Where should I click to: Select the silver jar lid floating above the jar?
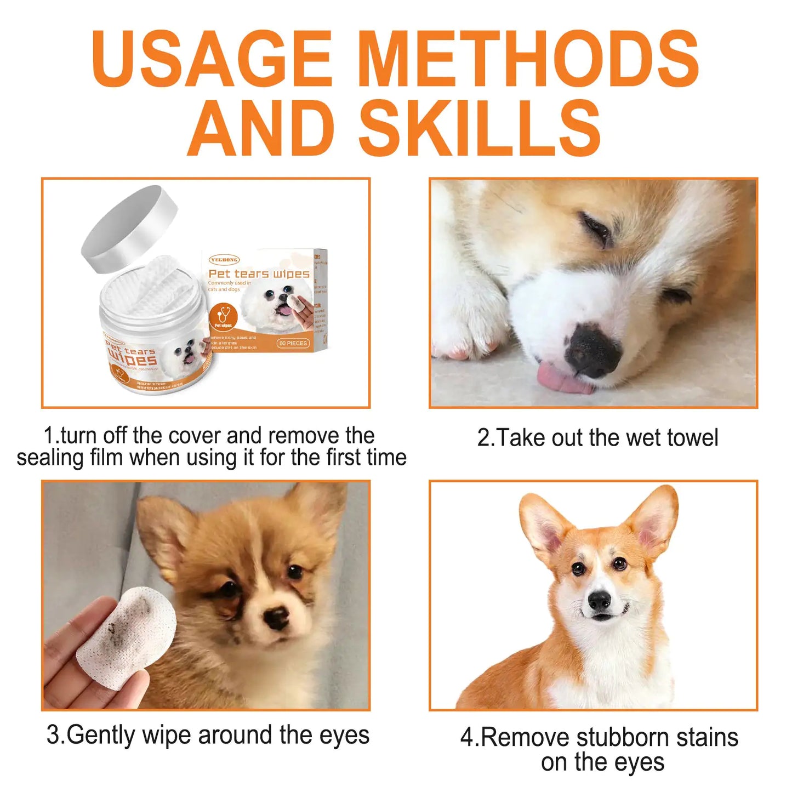[x=130, y=228]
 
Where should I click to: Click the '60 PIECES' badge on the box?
[x=293, y=343]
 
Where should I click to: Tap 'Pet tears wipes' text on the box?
[x=259, y=274]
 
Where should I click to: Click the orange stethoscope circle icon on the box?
[x=224, y=317]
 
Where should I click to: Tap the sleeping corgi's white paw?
[x=469, y=329]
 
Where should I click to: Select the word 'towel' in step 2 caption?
[x=692, y=437]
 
